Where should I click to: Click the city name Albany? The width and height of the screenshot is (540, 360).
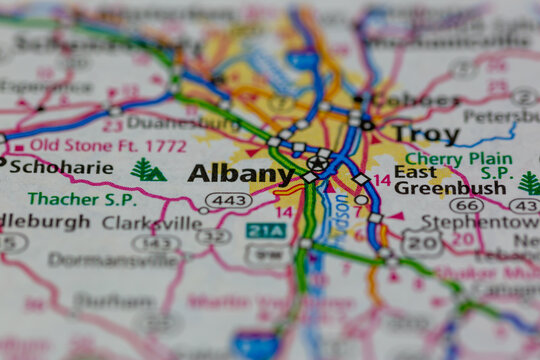(x=240, y=173)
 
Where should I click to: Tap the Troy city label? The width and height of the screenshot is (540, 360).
(x=425, y=134)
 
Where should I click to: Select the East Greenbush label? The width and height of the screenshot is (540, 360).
(x=435, y=180)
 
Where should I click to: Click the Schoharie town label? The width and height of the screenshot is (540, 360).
(x=60, y=167)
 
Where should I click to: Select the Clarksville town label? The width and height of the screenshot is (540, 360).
(x=151, y=222)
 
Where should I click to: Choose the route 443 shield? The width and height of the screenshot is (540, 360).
(x=229, y=201)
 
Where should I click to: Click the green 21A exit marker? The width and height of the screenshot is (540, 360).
(x=265, y=231)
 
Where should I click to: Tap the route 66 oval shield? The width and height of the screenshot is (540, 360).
(x=467, y=205)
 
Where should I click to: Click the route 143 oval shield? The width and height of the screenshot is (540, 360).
(x=156, y=243)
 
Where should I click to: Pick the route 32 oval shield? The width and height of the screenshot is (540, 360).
(x=213, y=236)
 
